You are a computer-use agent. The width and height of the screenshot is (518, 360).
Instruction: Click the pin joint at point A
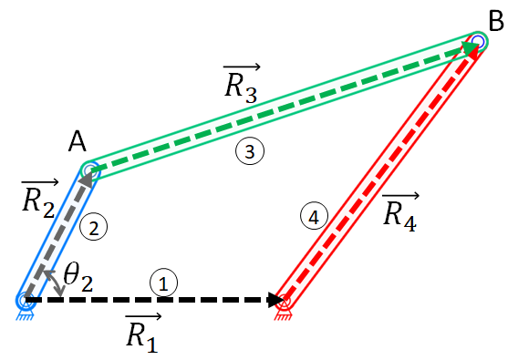pyautogui.click(x=89, y=170)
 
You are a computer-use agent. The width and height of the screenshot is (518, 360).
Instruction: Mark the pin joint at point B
pyautogui.click(x=477, y=42)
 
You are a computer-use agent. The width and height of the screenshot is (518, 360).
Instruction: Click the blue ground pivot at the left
pyautogui.click(x=26, y=300)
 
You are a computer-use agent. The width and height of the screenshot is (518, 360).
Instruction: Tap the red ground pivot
pyautogui.click(x=283, y=300)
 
